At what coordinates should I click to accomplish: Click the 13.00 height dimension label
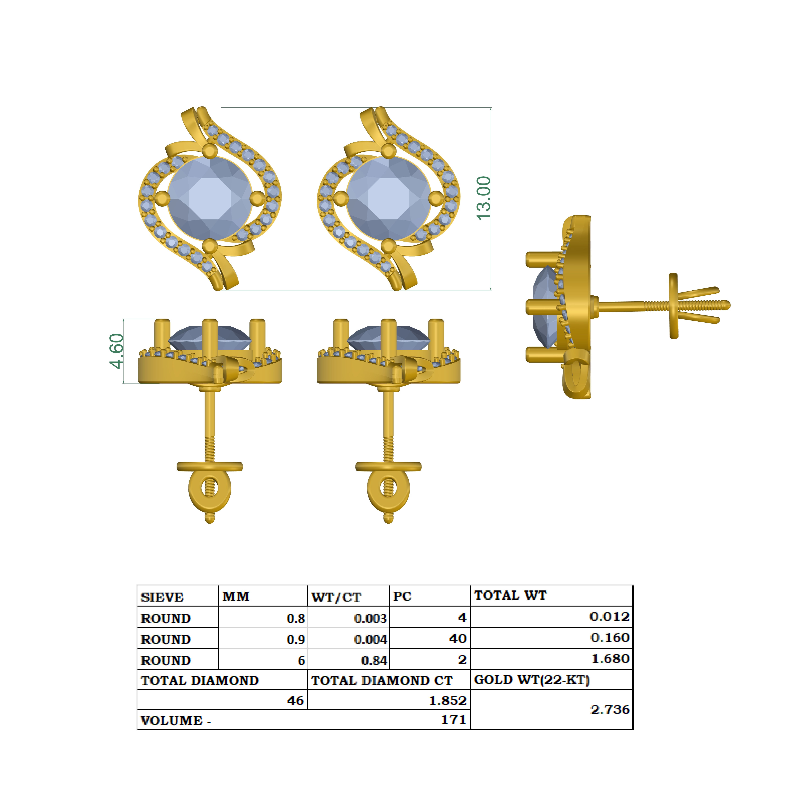[x=484, y=198]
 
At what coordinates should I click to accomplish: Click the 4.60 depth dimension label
[x=117, y=351]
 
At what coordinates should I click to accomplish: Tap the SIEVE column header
[x=162, y=597]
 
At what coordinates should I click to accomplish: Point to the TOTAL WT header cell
[x=511, y=595]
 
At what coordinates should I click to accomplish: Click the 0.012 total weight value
[x=609, y=616]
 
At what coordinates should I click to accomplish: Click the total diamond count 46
[x=295, y=701]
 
